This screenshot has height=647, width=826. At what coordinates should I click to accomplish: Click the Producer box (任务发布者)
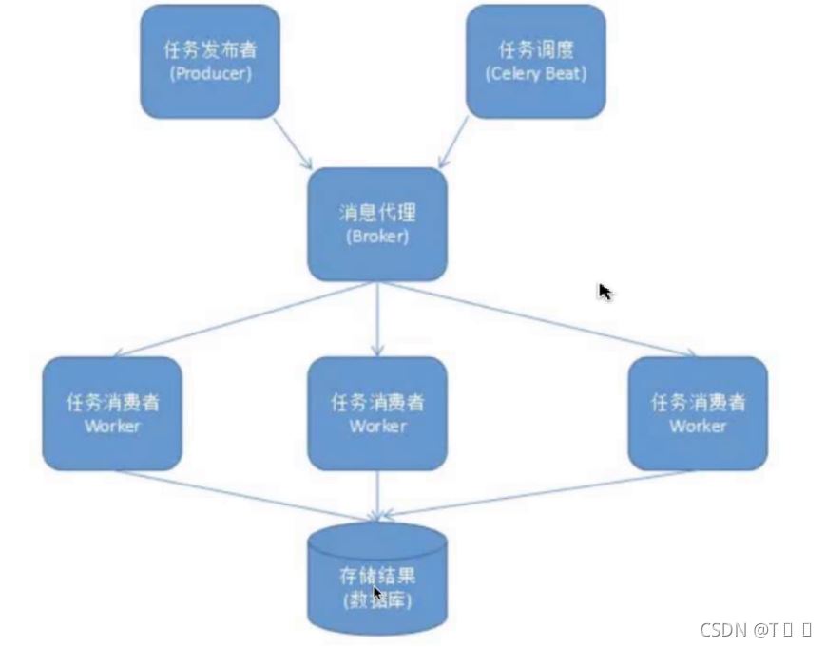coord(210,61)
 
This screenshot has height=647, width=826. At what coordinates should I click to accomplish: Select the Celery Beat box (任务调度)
coord(535,61)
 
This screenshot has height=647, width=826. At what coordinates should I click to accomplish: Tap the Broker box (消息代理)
coord(376,224)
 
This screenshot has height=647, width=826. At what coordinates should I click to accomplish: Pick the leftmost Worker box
coord(112,413)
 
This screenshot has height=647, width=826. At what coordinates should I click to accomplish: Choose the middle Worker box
coord(376,413)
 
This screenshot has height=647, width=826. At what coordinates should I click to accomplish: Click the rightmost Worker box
coord(698,413)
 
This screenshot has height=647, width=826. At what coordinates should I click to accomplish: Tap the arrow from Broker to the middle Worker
coord(377,318)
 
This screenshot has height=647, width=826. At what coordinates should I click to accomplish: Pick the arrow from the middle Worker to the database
coord(377,495)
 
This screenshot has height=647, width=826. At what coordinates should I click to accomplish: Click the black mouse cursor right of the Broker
coord(605,292)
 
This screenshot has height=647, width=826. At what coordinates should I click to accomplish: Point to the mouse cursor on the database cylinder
coord(378,595)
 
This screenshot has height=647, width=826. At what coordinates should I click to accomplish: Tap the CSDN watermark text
coord(755,629)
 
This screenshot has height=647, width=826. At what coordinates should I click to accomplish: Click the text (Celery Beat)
coord(535,73)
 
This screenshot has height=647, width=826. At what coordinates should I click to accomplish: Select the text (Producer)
coord(210,73)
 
